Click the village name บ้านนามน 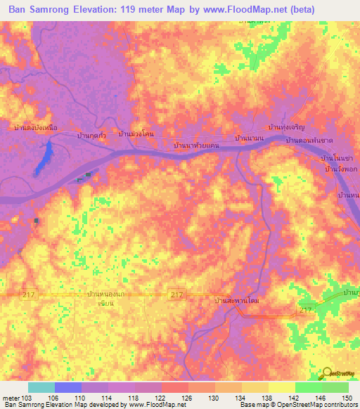coord(250,138)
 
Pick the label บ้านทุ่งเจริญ coord(287,128)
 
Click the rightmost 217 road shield coord(305,310)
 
